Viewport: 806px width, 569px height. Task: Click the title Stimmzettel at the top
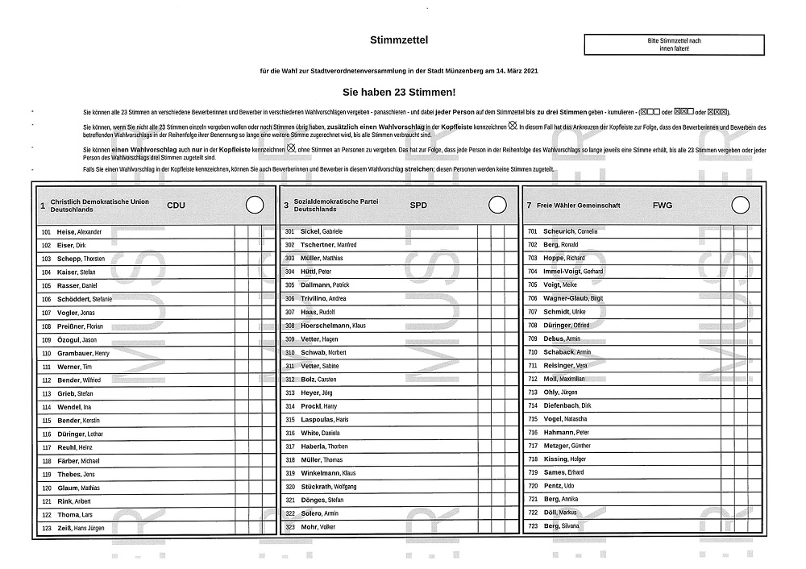(x=399, y=39)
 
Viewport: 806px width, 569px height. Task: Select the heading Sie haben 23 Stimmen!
(x=399, y=93)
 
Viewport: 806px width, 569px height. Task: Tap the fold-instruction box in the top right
(x=674, y=44)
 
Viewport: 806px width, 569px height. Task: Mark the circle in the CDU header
(x=254, y=205)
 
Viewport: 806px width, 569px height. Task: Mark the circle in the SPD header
(x=497, y=205)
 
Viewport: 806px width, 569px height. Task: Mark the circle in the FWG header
(x=741, y=205)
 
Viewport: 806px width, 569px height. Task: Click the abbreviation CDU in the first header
(x=176, y=206)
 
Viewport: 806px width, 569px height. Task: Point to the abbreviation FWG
(x=662, y=206)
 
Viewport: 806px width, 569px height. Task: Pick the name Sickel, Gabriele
(x=322, y=231)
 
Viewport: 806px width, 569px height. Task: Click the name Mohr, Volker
(x=318, y=527)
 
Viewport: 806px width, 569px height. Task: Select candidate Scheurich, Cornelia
(x=571, y=231)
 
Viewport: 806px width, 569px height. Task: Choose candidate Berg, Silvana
(x=561, y=527)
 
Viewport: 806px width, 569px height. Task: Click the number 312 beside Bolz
(x=290, y=379)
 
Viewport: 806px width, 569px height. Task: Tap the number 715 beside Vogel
(x=532, y=419)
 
